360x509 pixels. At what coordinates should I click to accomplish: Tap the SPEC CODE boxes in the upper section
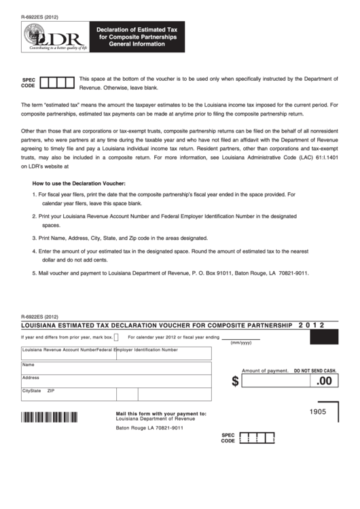[56, 83]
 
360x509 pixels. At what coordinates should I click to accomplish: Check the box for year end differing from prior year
[116, 337]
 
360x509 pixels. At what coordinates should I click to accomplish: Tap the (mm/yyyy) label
[240, 343]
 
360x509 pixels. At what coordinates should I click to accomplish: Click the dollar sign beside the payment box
[235, 381]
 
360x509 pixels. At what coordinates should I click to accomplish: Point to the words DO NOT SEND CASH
[314, 370]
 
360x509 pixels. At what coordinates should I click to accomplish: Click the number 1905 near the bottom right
[317, 413]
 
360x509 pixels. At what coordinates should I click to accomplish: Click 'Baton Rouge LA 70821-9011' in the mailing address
[149, 428]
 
